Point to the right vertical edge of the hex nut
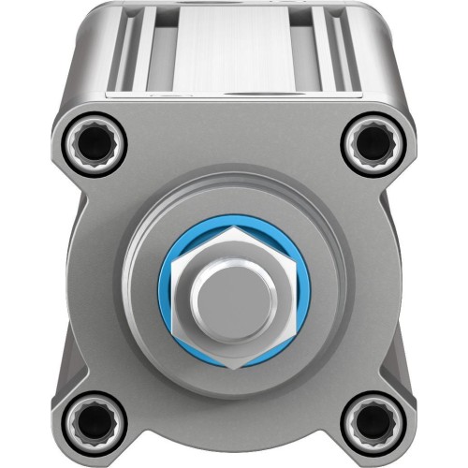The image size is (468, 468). click(x=292, y=298)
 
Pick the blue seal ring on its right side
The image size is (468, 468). click(x=300, y=298)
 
